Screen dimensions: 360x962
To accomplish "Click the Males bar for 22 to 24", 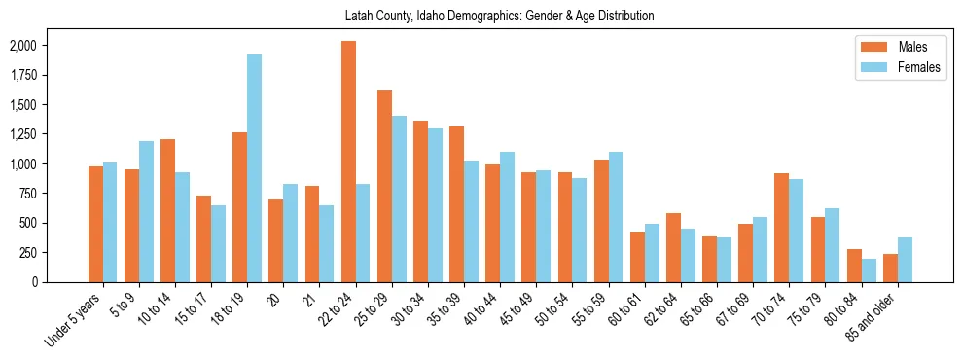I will coord(348,162).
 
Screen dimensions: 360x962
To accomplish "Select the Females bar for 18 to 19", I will coord(254,168).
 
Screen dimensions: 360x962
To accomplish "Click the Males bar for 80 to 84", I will coord(854,266).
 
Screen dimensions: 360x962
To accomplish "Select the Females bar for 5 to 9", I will coord(146,211).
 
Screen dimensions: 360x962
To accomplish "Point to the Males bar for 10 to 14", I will coord(167,210).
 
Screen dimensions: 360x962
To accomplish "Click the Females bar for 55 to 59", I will coord(616,217).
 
